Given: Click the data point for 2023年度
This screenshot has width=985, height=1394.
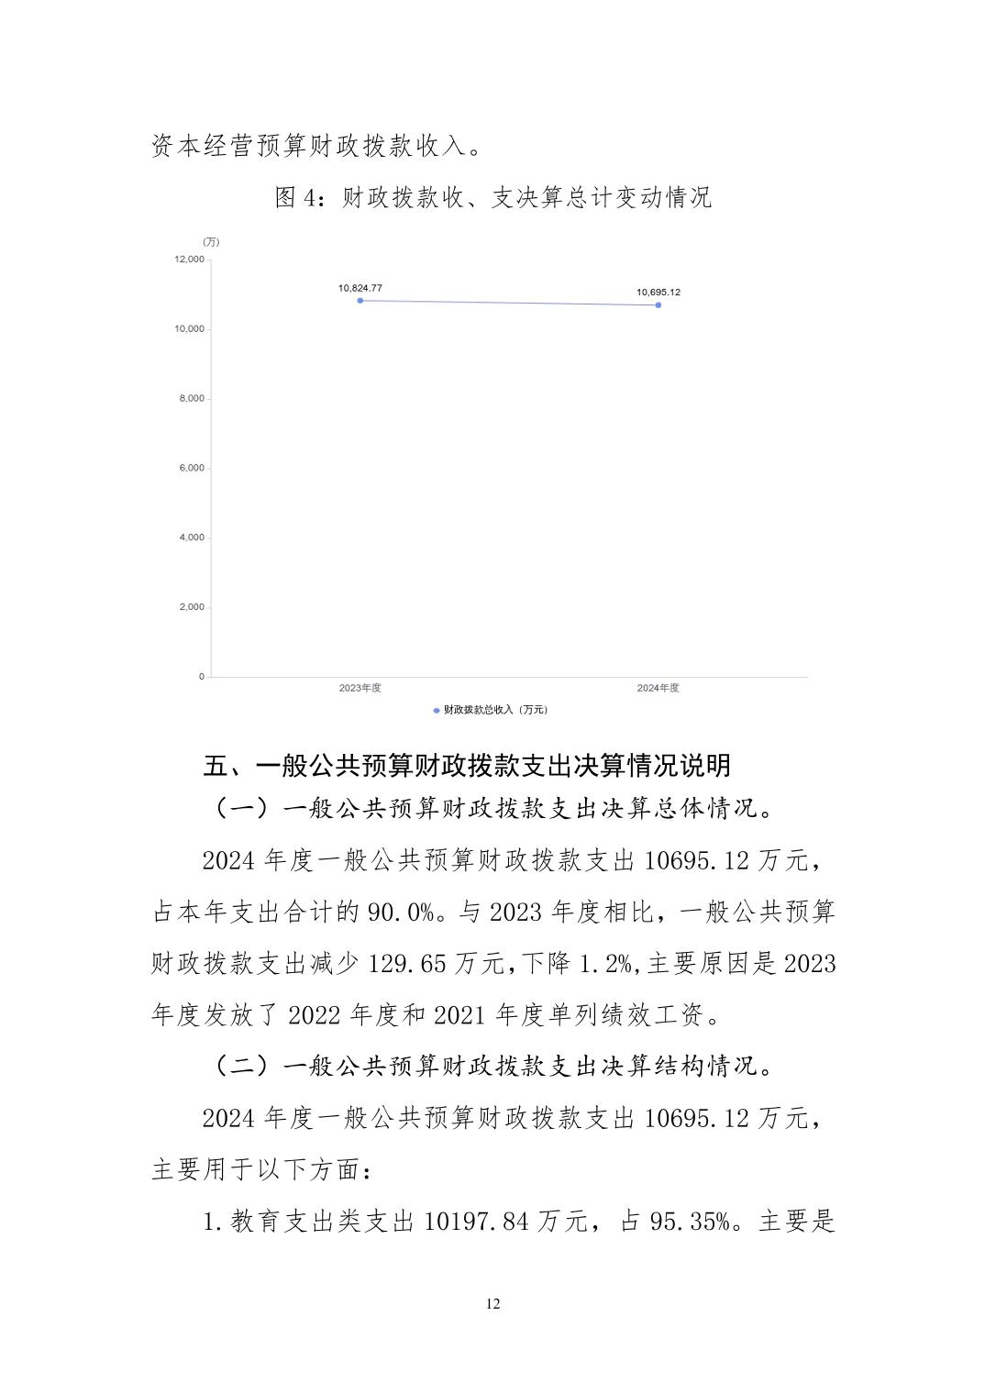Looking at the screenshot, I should point(360,301).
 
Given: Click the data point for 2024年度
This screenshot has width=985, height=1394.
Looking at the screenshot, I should point(659,305).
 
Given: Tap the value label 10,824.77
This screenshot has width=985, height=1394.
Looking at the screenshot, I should point(360,288).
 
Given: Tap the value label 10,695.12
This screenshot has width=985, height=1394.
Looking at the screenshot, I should point(659,293).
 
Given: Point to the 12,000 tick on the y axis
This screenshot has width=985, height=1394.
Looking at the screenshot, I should point(189,260).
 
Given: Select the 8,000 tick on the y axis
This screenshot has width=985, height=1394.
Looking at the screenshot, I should point(191,399).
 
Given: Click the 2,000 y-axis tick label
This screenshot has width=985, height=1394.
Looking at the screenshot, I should point(191,607).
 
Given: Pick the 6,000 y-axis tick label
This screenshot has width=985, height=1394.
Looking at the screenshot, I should point(191,469).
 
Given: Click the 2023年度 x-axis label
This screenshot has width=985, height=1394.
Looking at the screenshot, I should point(360,688).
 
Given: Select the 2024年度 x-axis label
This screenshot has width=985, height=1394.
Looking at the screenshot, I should point(659,688).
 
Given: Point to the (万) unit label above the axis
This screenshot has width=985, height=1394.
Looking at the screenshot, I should point(211,242).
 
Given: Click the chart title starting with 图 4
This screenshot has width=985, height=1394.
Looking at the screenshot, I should point(492,198).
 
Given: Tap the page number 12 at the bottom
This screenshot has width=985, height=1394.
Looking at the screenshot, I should point(493,1304).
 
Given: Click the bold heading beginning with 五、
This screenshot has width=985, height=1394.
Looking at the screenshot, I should point(467,766).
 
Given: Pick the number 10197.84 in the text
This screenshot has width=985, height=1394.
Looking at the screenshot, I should point(477,1223).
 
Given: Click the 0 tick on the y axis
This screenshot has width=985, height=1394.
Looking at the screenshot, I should point(202,677).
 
